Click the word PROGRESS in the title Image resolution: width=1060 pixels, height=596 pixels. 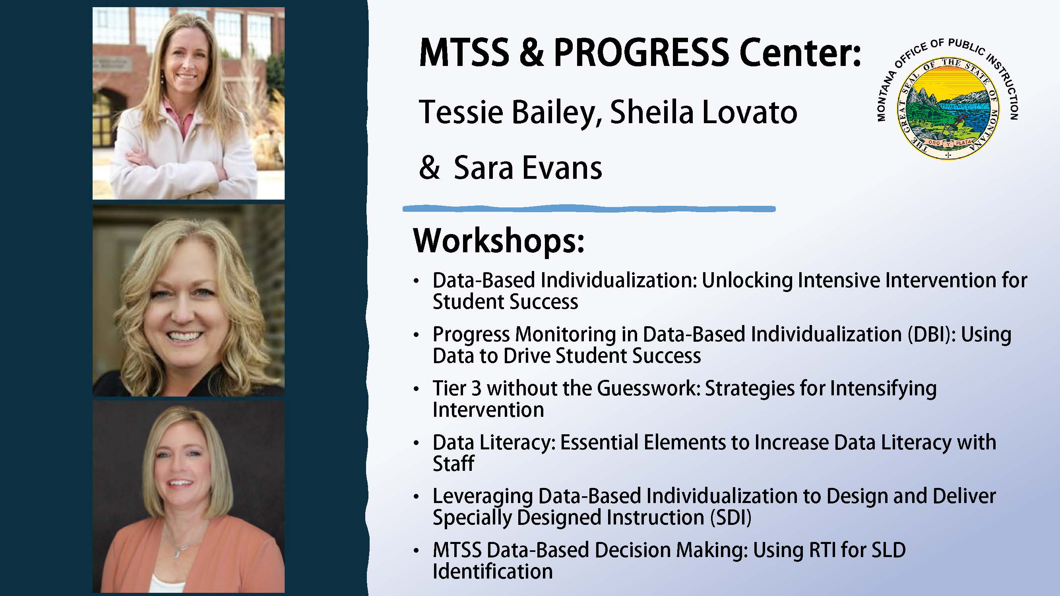point(641,53)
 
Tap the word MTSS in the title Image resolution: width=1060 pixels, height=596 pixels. point(464,53)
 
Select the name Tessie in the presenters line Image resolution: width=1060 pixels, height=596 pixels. point(461,112)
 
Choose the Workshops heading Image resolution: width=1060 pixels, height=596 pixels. point(499,242)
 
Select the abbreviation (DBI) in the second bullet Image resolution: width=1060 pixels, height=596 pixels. point(932,335)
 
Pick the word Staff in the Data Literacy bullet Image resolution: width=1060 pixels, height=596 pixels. point(453,464)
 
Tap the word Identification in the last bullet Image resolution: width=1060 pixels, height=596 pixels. point(492,572)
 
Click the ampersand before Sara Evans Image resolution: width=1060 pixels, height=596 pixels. point(429,168)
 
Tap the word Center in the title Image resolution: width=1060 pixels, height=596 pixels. point(799,53)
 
